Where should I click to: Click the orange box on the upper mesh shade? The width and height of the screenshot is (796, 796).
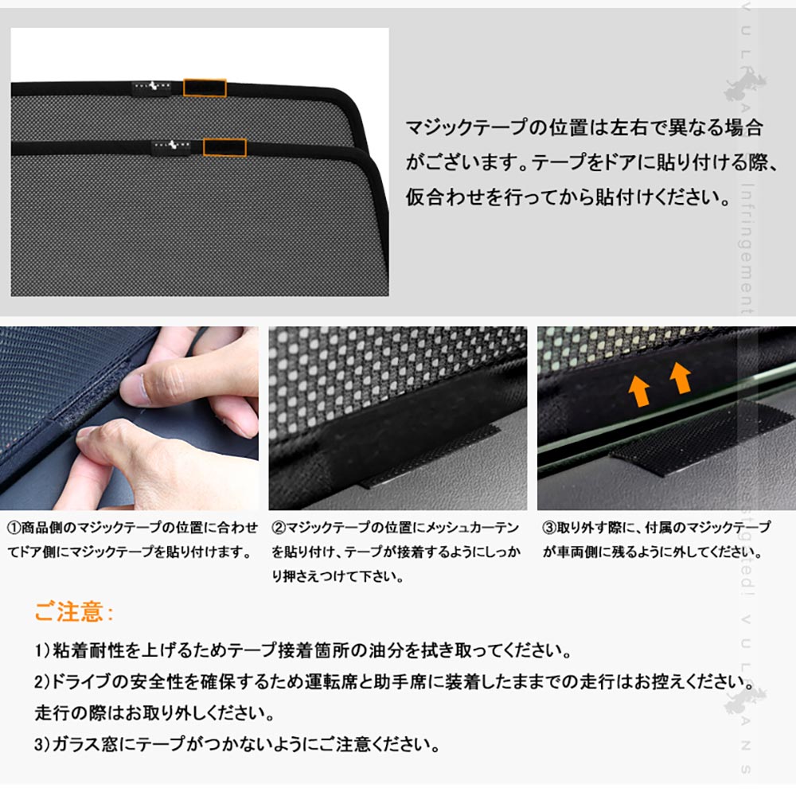click(205, 87)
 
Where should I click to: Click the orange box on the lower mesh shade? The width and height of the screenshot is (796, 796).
click(224, 146)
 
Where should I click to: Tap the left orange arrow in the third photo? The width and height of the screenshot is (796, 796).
click(638, 389)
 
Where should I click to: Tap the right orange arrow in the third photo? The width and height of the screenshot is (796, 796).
click(679, 377)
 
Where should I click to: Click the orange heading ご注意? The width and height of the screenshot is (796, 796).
click(74, 612)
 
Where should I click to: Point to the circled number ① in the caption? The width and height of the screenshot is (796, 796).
click(14, 528)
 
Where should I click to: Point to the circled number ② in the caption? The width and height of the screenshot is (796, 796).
click(278, 528)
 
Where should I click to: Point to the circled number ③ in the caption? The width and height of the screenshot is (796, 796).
click(549, 528)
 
